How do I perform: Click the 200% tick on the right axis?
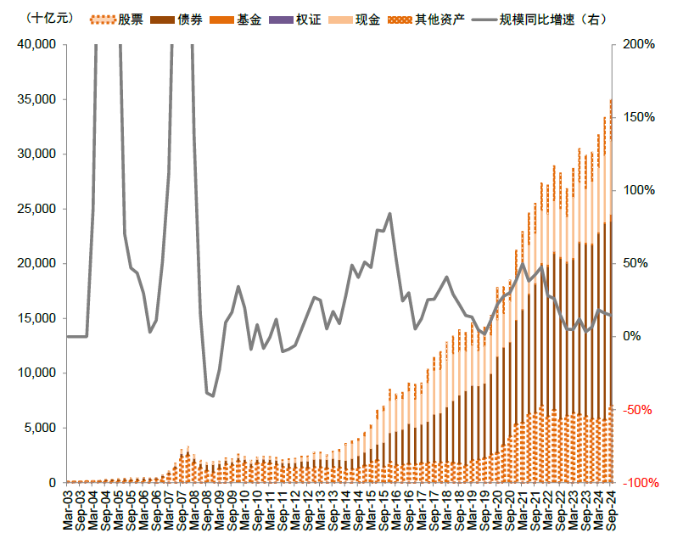coord(638,44)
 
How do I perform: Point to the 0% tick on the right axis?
coord(632,337)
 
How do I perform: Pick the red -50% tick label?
coord(636,410)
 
